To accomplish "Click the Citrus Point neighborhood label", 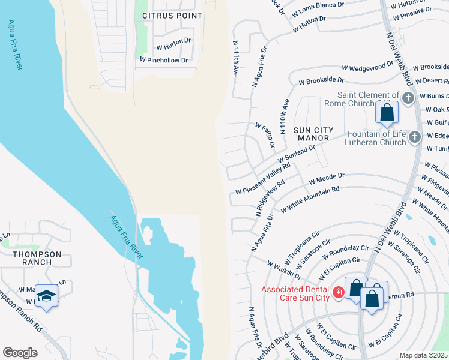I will point(172,15).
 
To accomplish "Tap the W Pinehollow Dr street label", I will point(164,60).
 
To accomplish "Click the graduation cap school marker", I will point(46,296).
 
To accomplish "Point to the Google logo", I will point(20,352).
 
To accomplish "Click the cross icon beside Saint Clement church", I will point(408,97).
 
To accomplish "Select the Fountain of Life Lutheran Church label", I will point(375,138).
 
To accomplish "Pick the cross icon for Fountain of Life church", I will point(414,138).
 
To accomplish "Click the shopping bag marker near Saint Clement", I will point(387,112).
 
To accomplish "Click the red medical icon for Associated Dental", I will point(339,293).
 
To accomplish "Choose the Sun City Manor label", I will point(311,134).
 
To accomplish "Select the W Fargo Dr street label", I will point(265,136).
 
